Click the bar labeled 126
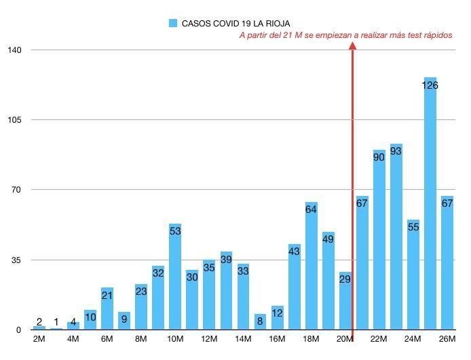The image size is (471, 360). [430, 203]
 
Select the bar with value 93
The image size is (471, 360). [396, 237]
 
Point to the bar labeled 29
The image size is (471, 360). [345, 301]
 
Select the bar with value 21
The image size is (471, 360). [107, 308]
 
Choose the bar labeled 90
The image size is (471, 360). [379, 240]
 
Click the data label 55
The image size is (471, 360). [413, 226]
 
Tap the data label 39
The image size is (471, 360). [226, 259]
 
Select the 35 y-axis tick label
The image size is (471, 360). [16, 260]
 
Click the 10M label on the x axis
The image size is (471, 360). [175, 339]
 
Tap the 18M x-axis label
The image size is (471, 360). [312, 339]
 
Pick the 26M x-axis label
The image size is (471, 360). [447, 339]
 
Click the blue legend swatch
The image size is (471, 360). [173, 23]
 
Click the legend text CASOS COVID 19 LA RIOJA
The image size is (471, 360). [236, 23]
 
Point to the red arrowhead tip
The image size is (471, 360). [353, 43]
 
